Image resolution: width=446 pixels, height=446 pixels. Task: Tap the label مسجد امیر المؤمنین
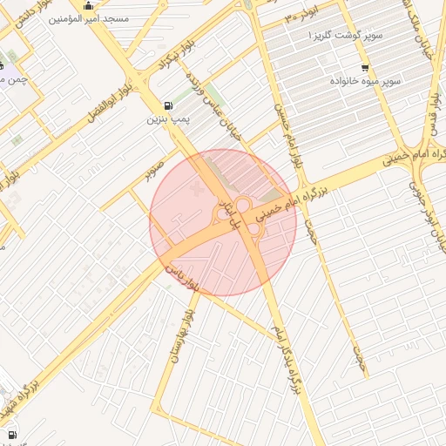pyautogui.click(x=91, y=18)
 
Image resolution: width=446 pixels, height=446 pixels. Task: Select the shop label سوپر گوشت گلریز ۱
pyautogui.click(x=335, y=36)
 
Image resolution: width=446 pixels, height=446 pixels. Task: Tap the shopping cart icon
pyautogui.click(x=364, y=68)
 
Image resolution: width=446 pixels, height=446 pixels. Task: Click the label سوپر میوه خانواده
pyautogui.click(x=364, y=80)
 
